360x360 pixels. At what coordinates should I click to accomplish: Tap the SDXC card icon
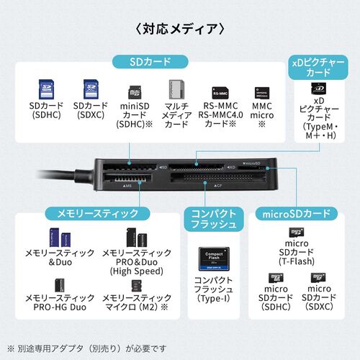tap(90, 91)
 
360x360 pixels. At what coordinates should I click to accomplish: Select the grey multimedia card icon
tap(174, 91)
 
